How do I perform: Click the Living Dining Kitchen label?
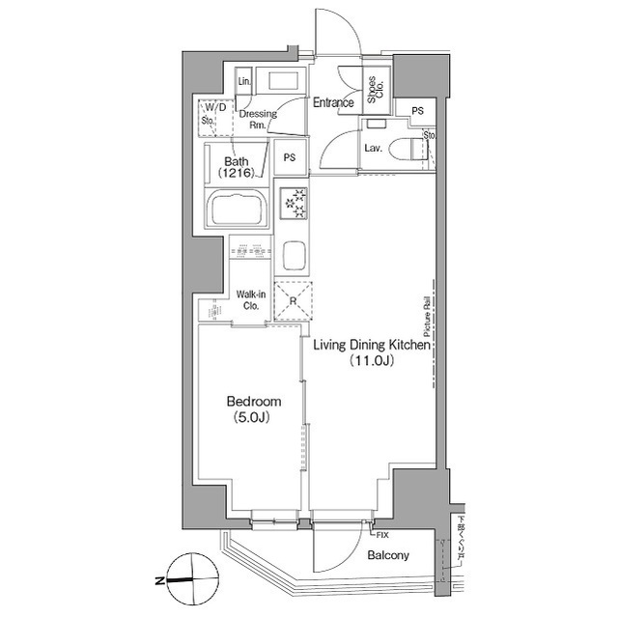pyautogui.click(x=372, y=344)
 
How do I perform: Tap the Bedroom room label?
pyautogui.click(x=253, y=401)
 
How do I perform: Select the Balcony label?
pyautogui.click(x=388, y=555)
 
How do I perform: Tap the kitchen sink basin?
pyautogui.click(x=293, y=256)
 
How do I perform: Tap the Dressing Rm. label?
pyautogui.click(x=258, y=119)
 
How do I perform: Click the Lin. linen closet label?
pyautogui.click(x=245, y=82)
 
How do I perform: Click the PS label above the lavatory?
pyautogui.click(x=417, y=111)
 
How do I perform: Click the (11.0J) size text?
pyautogui.click(x=372, y=362)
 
